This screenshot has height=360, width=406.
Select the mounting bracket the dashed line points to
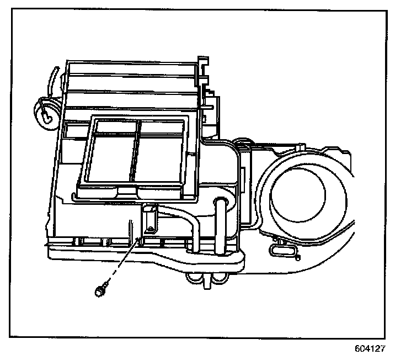coord(149,221)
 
